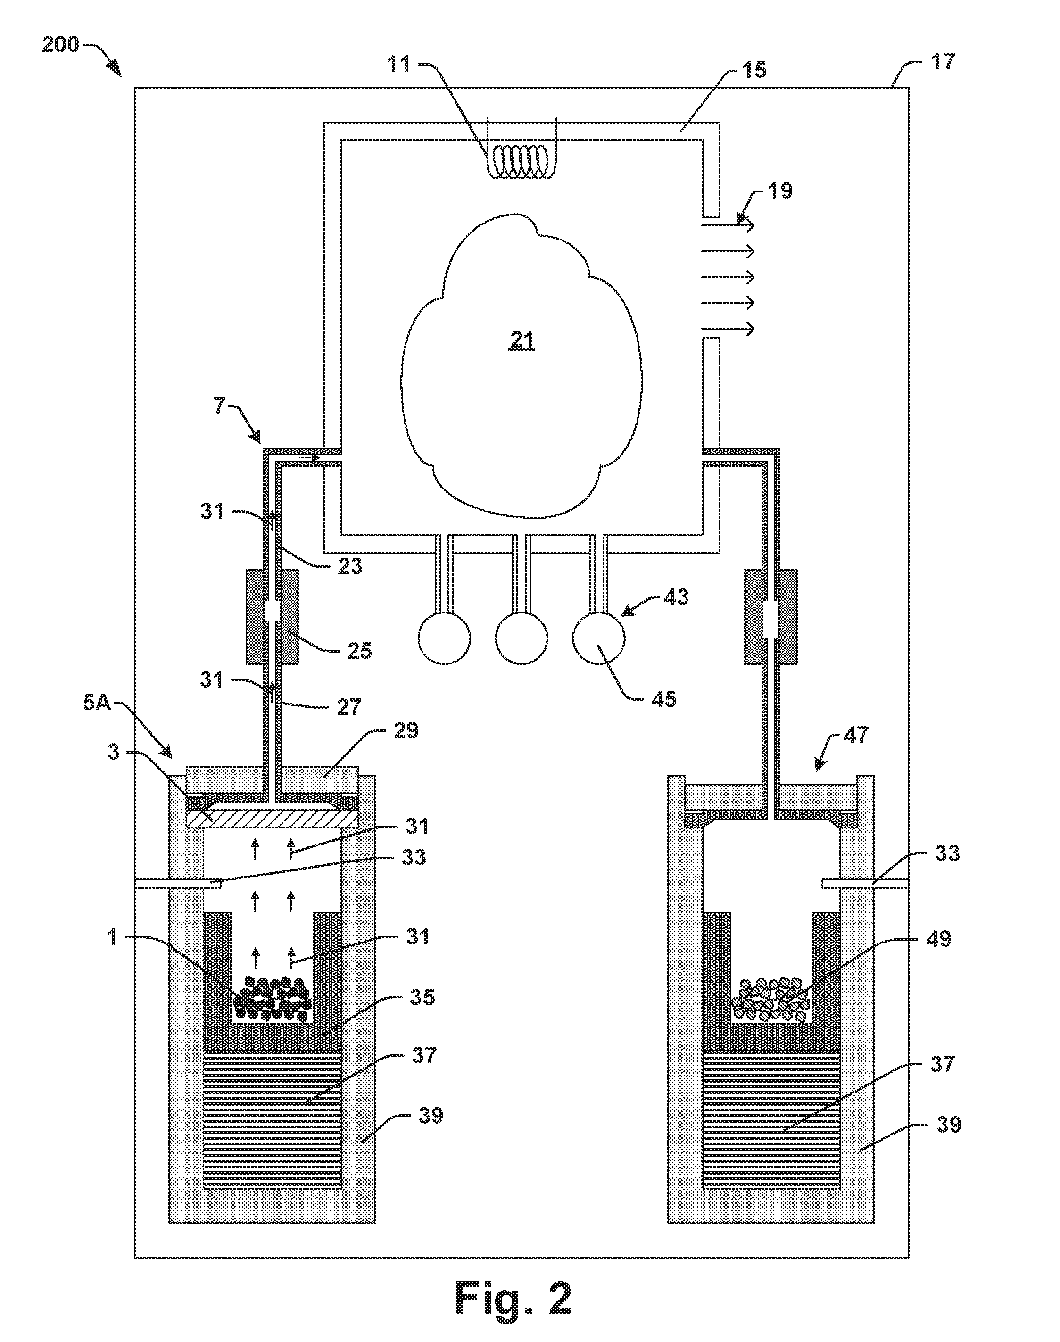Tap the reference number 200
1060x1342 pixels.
[60, 45]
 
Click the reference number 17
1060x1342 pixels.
[943, 62]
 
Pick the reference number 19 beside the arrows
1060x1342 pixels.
[781, 190]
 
